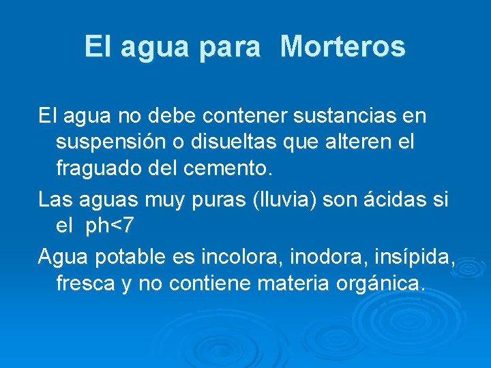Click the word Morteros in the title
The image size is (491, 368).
click(342, 47)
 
